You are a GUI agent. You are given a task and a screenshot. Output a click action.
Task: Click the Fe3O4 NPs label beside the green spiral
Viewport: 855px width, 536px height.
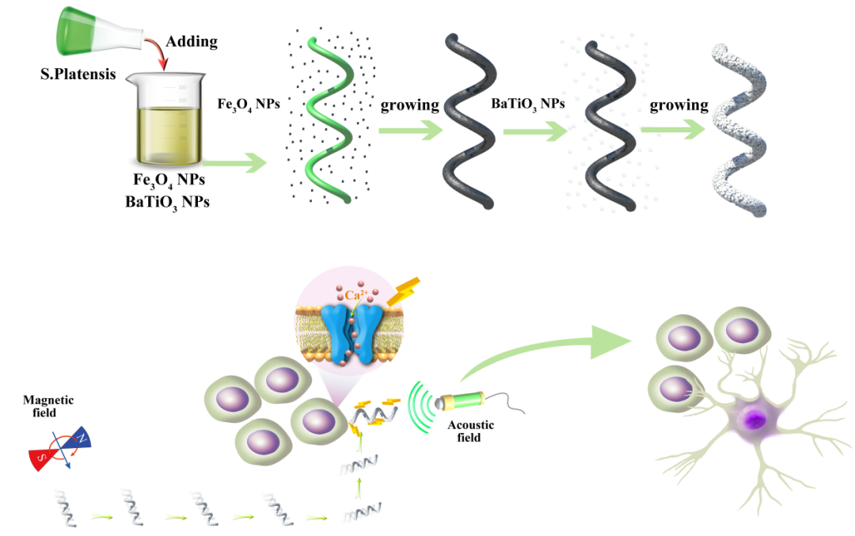[x=248, y=104]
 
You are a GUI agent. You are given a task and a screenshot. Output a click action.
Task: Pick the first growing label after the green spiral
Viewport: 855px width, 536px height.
[x=410, y=105]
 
